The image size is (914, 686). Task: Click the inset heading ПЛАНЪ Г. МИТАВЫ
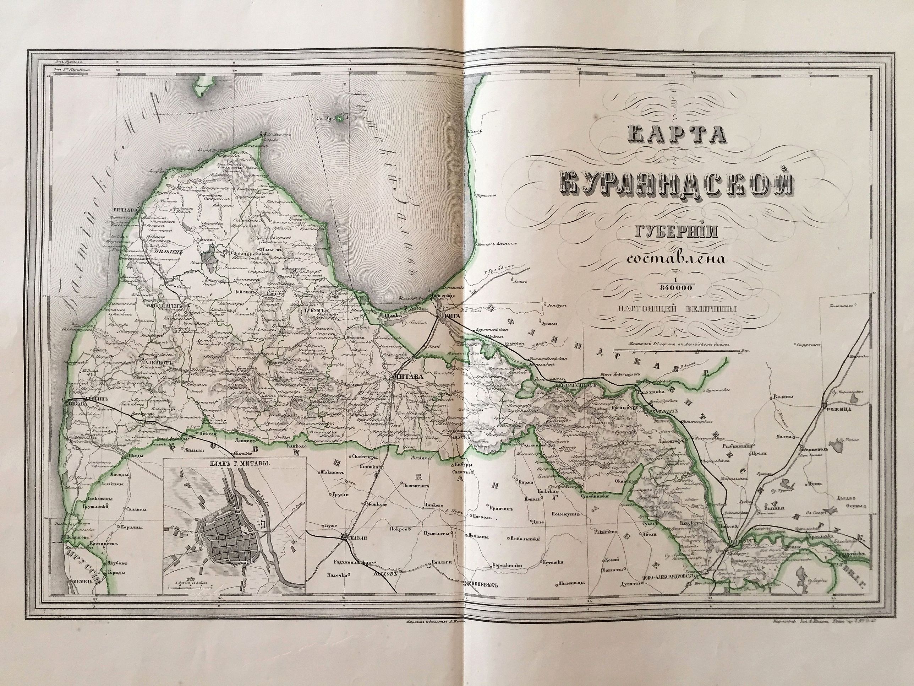(234, 464)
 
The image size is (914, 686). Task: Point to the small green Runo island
(340, 119)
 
